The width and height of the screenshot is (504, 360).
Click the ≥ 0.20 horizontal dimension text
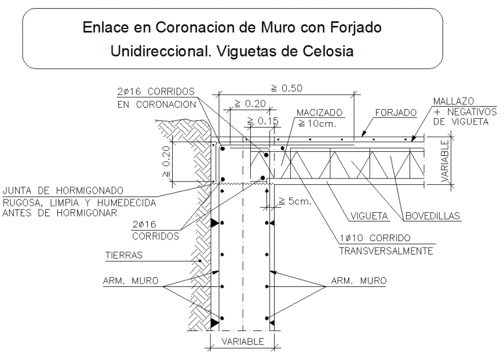pos(250,104)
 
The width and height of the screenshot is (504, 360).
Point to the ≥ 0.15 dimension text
pos(263,121)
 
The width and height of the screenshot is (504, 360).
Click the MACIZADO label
pos(319,112)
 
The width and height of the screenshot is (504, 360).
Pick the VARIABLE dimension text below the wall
pos(242,341)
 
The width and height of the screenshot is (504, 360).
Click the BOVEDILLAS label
pos(433,216)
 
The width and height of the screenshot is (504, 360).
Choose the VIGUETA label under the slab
pos(369,216)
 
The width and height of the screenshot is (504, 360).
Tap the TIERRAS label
pos(123,254)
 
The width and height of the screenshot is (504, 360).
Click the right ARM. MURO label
pos(359,281)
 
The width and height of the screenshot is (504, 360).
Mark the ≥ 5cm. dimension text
pos(295,202)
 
